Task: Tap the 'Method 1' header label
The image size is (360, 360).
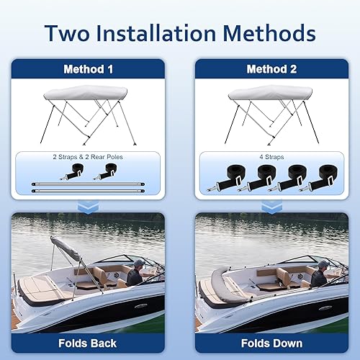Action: pos(89,70)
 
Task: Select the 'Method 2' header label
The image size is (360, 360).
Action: pos(271,70)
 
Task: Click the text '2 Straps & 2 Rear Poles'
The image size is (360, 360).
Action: pos(89,156)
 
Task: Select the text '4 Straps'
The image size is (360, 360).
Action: pos(271,156)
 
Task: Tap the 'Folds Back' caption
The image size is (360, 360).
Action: pos(89,343)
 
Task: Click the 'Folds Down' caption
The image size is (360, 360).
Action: pos(271,343)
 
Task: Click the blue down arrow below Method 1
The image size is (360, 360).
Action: pos(89,207)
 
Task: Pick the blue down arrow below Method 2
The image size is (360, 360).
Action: pos(271,207)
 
